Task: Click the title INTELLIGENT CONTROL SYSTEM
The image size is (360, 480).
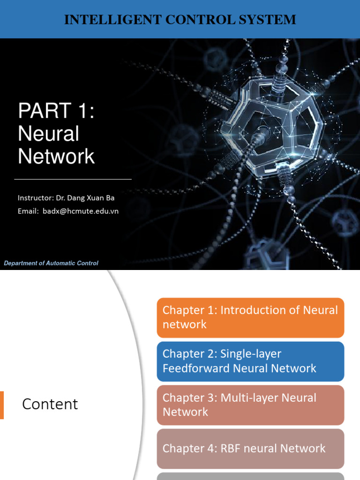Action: tap(180, 20)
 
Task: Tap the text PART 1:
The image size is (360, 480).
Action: tap(56, 112)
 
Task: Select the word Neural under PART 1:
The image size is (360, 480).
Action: tap(48, 134)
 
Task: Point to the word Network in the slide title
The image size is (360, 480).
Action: tap(56, 157)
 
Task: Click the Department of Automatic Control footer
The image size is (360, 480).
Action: tap(51, 263)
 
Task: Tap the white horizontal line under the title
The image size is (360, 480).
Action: tap(73, 179)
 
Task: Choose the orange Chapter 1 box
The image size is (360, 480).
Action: tap(250, 317)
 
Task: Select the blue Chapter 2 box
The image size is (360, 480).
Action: tap(250, 361)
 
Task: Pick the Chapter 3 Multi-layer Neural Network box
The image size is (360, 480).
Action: tap(250, 405)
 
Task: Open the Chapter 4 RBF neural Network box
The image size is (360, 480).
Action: tap(250, 449)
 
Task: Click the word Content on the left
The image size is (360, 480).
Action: tap(50, 404)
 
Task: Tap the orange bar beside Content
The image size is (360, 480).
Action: tap(2, 405)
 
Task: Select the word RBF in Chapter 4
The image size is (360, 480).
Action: tap(231, 449)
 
